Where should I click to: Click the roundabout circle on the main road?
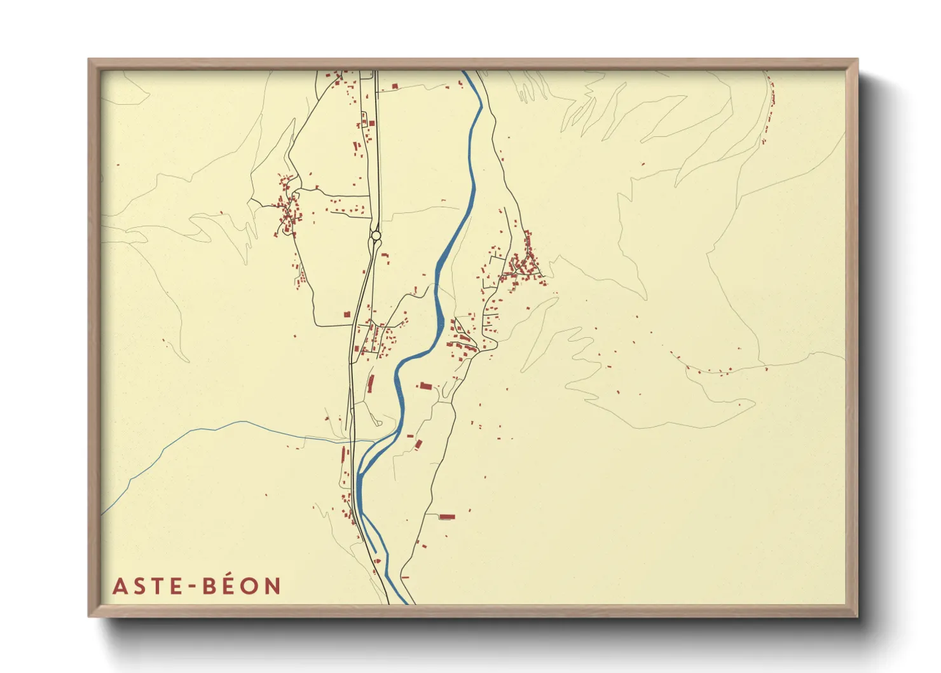376,236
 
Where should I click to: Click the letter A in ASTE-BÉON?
120,586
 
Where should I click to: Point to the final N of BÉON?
273,586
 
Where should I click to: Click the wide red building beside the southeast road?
447,517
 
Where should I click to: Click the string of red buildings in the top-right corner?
770,108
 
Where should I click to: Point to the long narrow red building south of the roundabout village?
371,384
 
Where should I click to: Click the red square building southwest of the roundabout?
347,314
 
